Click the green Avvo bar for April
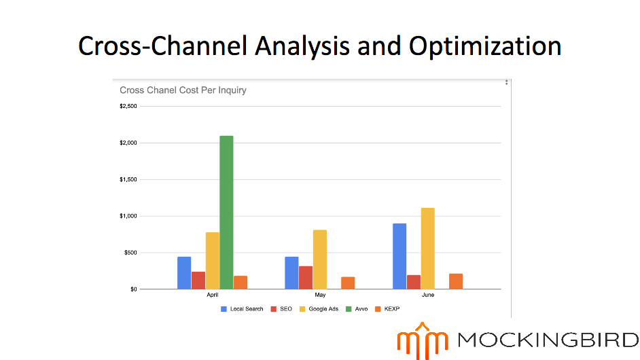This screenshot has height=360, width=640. click(226, 213)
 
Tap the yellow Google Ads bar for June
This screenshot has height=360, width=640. click(427, 249)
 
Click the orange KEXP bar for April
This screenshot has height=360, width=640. click(241, 283)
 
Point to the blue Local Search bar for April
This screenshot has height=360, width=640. click(184, 272)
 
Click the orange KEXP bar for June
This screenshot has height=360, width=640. click(456, 281)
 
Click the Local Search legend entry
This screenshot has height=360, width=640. click(242, 309)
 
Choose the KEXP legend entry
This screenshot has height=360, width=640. click(391, 309)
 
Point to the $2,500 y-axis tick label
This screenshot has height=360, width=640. click(128, 107)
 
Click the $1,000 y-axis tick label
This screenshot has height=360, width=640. click(128, 216)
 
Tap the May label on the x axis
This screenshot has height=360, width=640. click(320, 295)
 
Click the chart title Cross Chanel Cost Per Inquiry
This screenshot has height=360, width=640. click(183, 90)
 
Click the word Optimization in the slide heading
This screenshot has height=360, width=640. click(485, 46)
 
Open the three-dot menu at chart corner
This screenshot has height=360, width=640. click(506, 83)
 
